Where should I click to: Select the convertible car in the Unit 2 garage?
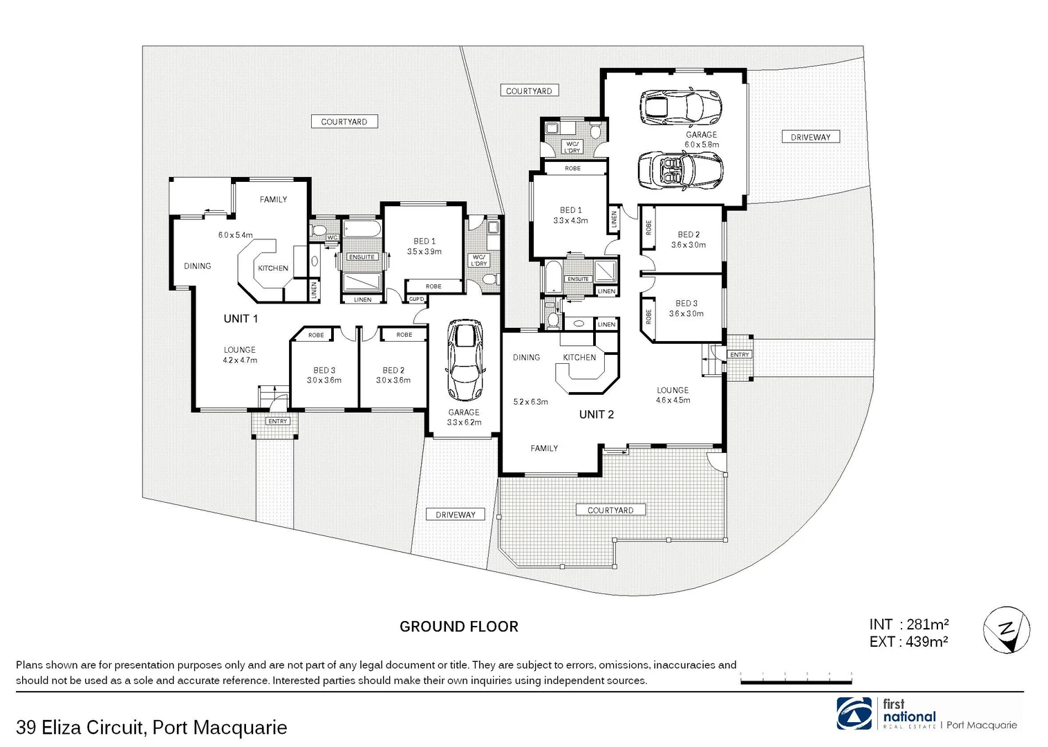680,169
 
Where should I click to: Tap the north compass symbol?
1007,630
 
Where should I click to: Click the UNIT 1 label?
241,319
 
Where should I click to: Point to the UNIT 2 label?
596,414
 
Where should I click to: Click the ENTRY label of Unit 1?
277,421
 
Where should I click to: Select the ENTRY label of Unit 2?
739,355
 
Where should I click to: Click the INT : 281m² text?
908,625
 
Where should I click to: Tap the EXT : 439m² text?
908,642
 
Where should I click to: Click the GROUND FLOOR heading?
458,627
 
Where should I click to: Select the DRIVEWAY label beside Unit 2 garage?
810,137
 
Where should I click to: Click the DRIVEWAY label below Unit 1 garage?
456,515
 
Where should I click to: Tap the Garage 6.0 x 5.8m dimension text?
702,145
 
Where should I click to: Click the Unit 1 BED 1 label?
424,241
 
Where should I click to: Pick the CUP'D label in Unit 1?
417,299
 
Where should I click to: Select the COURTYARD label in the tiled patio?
610,510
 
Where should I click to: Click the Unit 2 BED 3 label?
686,304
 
